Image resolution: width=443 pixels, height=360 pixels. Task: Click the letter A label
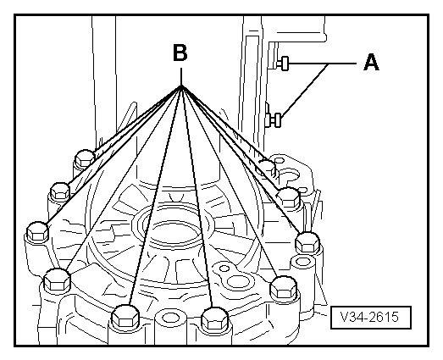click(371, 63)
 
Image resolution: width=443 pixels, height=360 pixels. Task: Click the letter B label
click(180, 53)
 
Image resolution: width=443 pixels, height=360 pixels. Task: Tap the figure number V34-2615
click(370, 317)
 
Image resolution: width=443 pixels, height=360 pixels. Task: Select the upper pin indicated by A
click(284, 64)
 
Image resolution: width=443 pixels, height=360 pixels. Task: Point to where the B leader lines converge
click(181, 86)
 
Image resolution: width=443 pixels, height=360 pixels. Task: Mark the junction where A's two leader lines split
click(329, 64)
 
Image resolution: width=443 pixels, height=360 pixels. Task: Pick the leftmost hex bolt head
click(37, 231)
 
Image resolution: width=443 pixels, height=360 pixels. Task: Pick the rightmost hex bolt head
click(308, 242)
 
